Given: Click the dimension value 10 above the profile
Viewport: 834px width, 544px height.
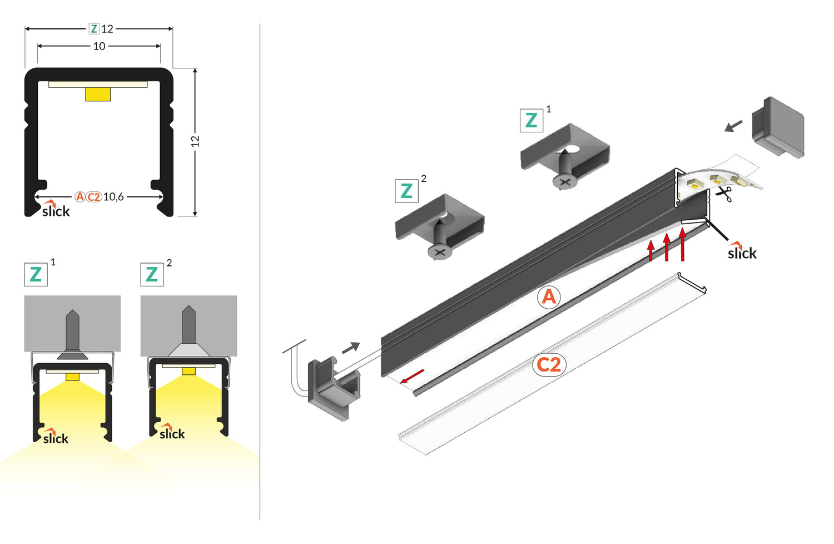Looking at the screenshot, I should click(x=99, y=46).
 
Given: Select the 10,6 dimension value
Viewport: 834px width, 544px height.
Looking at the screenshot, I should click(x=113, y=197).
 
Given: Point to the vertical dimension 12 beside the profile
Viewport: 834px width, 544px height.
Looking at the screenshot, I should click(x=195, y=142).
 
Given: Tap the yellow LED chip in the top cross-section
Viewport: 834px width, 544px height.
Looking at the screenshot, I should click(x=98, y=94).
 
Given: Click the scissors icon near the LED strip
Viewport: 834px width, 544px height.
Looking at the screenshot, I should click(x=723, y=194).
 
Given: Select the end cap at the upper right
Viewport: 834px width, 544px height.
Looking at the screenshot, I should click(x=777, y=127).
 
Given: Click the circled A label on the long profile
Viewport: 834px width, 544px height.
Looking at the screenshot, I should click(x=549, y=297).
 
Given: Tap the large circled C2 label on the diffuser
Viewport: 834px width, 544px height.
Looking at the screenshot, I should click(x=549, y=365).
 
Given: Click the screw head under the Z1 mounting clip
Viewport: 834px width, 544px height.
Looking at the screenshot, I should click(x=565, y=181).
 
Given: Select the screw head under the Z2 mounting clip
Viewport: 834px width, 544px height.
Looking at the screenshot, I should click(x=440, y=252).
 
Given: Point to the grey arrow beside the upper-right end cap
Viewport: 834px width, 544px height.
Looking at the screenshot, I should click(x=733, y=126).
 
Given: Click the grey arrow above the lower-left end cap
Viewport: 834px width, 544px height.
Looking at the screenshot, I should click(x=351, y=348).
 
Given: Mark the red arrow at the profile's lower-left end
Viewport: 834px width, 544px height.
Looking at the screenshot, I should click(x=412, y=377).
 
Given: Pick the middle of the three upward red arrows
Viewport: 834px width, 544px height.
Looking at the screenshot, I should click(x=667, y=248).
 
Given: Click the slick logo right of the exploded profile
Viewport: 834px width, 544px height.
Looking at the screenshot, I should click(x=742, y=252).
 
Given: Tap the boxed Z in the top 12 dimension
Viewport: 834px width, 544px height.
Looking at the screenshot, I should click(x=94, y=29).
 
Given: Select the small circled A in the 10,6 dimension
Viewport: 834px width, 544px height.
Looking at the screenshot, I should click(x=80, y=197).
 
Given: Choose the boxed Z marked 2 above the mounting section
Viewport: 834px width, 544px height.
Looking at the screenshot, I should click(x=152, y=274).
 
